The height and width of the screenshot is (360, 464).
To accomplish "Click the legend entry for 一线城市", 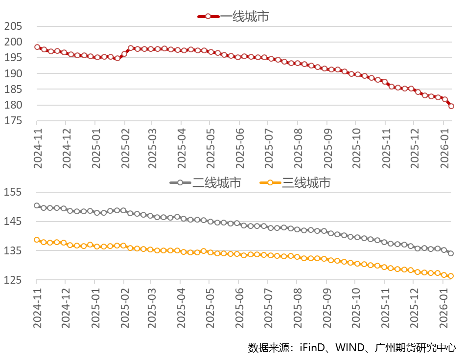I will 233,16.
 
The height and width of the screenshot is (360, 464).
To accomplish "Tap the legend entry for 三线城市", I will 295,182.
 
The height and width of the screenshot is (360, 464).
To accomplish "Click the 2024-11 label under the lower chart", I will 38,309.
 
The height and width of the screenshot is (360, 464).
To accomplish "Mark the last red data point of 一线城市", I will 451,106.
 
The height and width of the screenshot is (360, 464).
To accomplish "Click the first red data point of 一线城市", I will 37,47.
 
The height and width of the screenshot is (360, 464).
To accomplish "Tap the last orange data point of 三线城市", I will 451,276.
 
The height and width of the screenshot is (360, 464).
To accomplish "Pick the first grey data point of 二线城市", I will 37,205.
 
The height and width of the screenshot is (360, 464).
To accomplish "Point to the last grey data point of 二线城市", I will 451,253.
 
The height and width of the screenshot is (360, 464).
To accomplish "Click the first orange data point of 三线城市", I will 37,240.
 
